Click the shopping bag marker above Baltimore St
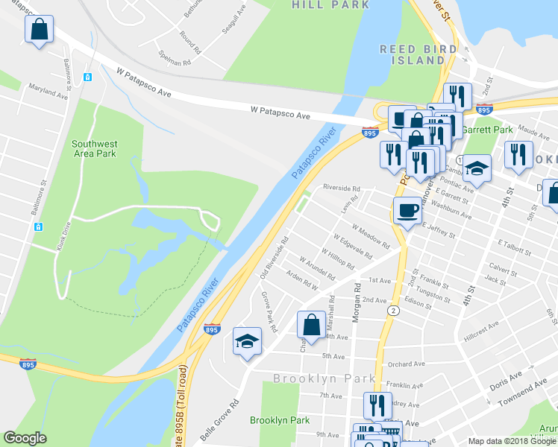pos(40,30)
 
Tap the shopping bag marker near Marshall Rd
pos(311,325)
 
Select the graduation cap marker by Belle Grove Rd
pos(248,342)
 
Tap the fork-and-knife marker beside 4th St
pos(517,154)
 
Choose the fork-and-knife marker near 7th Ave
pos(377,405)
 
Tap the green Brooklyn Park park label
pos(280,420)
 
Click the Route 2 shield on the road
pos(392,309)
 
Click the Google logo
pos(25,439)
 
